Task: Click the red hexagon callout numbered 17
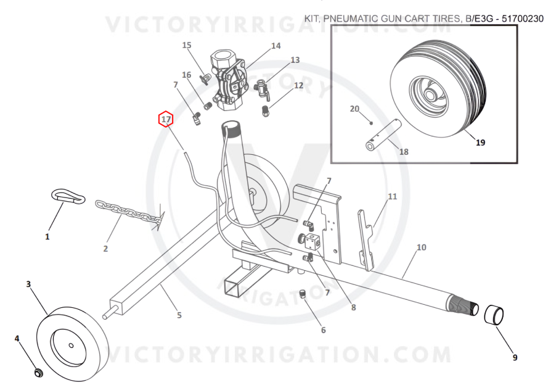click(x=166, y=119)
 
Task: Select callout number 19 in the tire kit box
click(x=480, y=143)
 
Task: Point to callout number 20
click(x=354, y=109)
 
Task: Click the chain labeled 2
click(x=130, y=212)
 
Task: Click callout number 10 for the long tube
click(x=422, y=247)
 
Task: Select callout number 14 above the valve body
click(x=276, y=46)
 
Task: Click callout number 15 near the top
click(x=187, y=45)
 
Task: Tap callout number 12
click(x=298, y=85)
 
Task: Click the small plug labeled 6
click(x=303, y=294)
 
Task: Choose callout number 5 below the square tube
click(x=179, y=315)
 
